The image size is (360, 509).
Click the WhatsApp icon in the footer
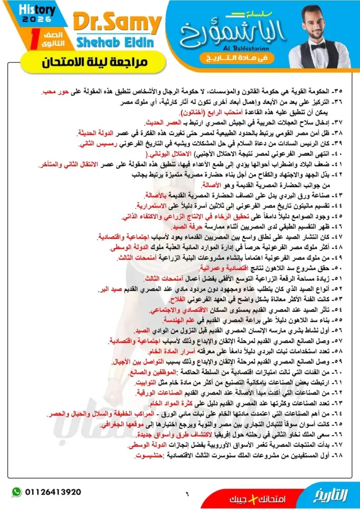17,492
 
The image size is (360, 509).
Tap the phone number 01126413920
52,492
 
